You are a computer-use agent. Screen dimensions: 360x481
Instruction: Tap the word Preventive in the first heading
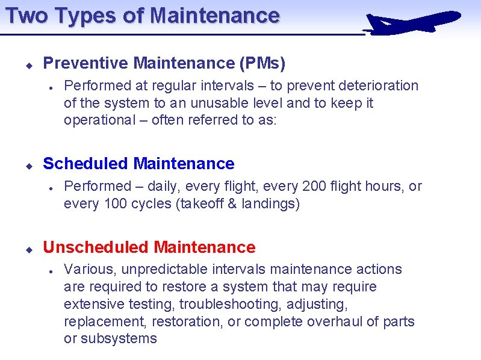click(x=86, y=63)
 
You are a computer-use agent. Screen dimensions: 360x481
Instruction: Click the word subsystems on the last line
click(x=119, y=339)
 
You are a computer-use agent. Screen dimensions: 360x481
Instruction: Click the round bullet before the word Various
click(x=53, y=270)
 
